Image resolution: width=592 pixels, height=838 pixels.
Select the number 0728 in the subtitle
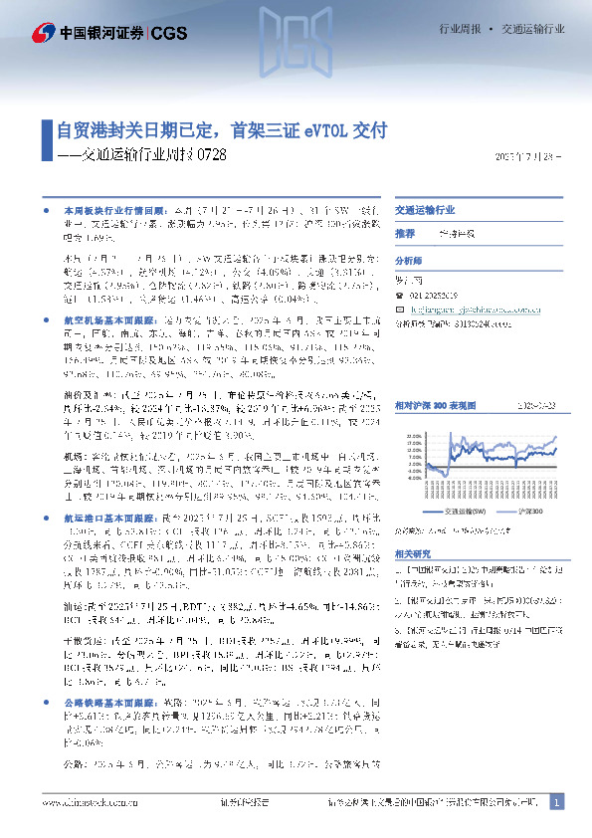pos(212,155)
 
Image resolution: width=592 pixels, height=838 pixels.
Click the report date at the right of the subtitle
pos(528,156)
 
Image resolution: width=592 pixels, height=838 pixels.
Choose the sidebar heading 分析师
pos(409,258)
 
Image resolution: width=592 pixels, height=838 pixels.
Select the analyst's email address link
pos(467,309)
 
